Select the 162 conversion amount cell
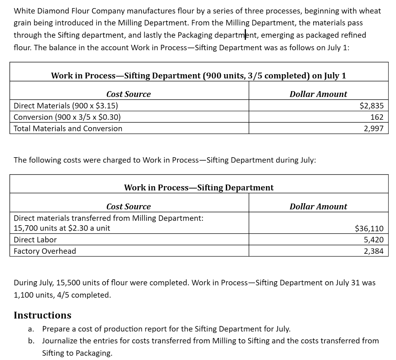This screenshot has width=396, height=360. (377, 117)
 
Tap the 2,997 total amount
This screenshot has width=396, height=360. (374, 129)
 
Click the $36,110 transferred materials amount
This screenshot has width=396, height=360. (369, 228)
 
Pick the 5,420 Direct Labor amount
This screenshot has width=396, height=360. (374, 240)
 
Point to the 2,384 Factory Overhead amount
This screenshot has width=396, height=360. (374, 251)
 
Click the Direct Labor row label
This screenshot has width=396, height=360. (35, 240)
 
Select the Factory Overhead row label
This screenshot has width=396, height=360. (45, 251)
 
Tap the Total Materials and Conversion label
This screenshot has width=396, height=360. (68, 129)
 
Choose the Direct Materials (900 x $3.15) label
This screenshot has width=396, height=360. (66, 105)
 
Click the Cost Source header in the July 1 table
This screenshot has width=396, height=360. (128, 94)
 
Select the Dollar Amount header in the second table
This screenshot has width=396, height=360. (318, 207)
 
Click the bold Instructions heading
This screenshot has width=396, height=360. (43, 315)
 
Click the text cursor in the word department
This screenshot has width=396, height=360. (246, 35)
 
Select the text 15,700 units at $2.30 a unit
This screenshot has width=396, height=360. (62, 228)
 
